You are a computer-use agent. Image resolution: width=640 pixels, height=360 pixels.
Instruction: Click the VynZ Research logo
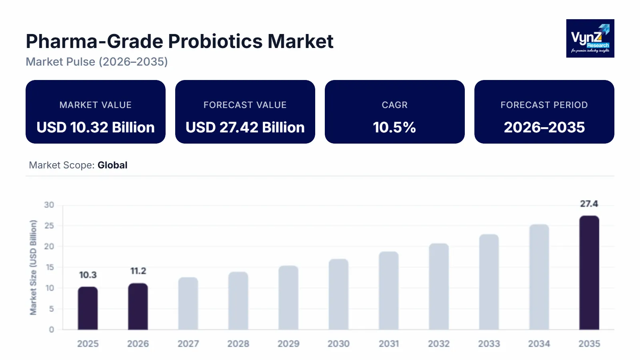[590, 38]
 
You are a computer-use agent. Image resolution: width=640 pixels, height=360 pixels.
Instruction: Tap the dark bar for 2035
[589, 273]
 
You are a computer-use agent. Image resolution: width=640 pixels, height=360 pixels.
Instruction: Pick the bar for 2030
[338, 294]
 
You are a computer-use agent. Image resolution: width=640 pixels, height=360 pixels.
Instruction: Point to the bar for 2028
[238, 301]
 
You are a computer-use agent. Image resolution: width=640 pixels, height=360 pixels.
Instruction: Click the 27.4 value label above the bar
[589, 204]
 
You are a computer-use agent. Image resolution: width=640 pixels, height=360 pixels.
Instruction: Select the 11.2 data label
[138, 271]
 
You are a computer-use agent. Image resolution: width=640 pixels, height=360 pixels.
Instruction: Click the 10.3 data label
[88, 275]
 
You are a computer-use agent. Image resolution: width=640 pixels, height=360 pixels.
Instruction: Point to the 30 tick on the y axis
[49, 205]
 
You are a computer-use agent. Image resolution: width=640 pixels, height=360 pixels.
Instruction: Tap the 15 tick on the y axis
[49, 267]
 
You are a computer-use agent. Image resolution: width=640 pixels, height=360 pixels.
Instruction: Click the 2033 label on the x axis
[489, 344]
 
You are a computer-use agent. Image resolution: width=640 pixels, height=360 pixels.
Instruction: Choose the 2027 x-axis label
[188, 344]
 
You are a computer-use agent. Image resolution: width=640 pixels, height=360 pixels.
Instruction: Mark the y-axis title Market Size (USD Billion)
[33, 267]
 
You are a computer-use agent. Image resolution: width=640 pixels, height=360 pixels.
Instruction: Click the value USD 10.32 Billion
[96, 127]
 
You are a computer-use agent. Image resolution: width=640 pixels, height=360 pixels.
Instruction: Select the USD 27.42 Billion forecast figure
[245, 127]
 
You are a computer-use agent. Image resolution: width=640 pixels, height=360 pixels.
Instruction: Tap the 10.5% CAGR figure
[394, 127]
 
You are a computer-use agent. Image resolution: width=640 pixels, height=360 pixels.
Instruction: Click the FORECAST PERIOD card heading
[544, 105]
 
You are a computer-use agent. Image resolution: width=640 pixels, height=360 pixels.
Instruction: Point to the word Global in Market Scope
[112, 165]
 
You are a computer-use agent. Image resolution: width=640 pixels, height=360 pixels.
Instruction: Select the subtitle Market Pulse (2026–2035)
[97, 62]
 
